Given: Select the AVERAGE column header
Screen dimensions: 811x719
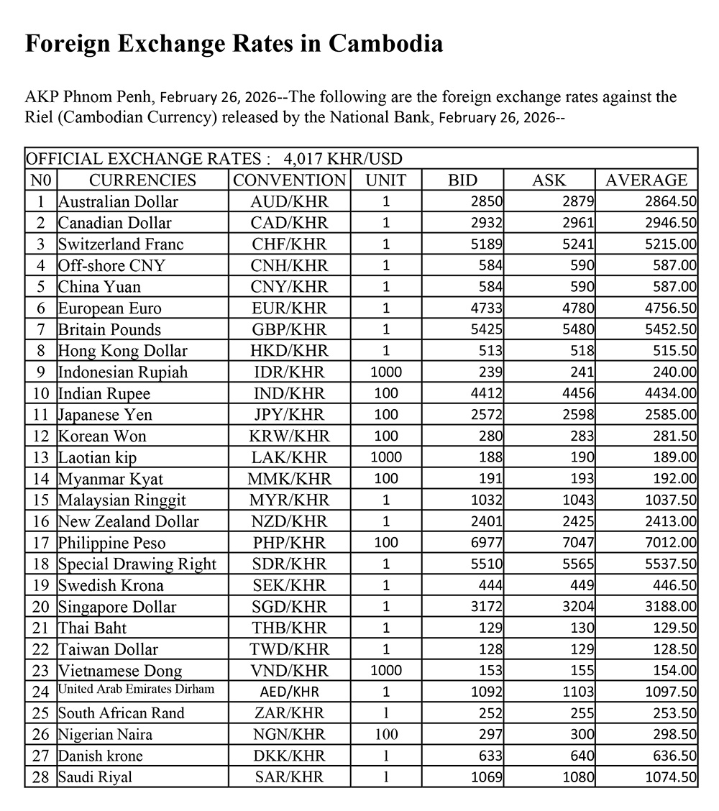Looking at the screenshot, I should [x=646, y=180].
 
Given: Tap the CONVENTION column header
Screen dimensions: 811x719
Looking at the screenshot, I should [x=289, y=180].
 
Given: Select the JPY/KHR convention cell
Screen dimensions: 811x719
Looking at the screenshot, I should [x=289, y=415].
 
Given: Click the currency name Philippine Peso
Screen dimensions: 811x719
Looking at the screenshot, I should [x=111, y=543].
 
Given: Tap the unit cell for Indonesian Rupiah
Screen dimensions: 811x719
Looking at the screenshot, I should [x=386, y=372].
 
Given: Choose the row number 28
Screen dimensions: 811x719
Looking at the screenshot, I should [x=41, y=777].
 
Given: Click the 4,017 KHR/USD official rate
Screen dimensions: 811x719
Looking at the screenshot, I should [x=343, y=158].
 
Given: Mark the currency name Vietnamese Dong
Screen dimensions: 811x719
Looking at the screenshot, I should [x=120, y=671].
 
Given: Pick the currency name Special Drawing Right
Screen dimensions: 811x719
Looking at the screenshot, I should [x=137, y=564].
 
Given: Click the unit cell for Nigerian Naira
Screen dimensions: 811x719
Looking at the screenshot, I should [x=386, y=734].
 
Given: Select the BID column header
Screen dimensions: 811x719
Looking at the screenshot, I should [x=462, y=180].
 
